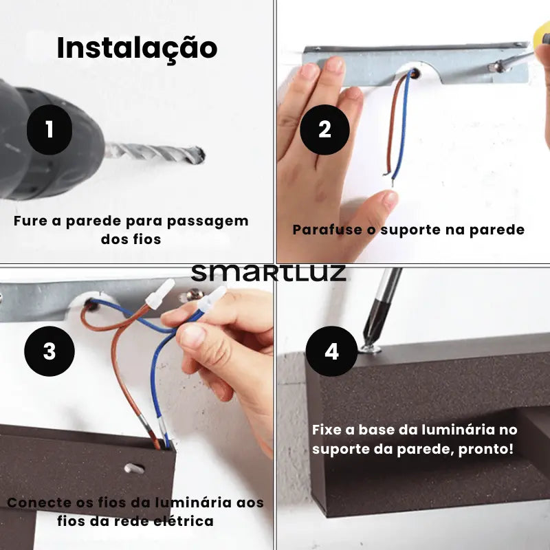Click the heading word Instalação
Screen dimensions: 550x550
tap(137, 48)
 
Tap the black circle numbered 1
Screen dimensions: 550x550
tap(49, 129)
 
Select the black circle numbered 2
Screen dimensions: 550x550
tap(324, 129)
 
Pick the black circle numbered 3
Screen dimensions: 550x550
tap(49, 351)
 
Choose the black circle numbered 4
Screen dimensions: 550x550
tap(331, 351)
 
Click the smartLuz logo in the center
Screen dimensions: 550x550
tap(269, 273)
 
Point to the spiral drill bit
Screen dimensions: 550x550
tap(154, 153)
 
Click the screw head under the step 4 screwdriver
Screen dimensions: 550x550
tap(370, 349)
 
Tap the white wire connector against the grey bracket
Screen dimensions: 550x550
tap(160, 295)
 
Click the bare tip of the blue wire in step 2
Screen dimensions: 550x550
tap(393, 182)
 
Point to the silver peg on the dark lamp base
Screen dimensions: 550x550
tap(134, 468)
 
